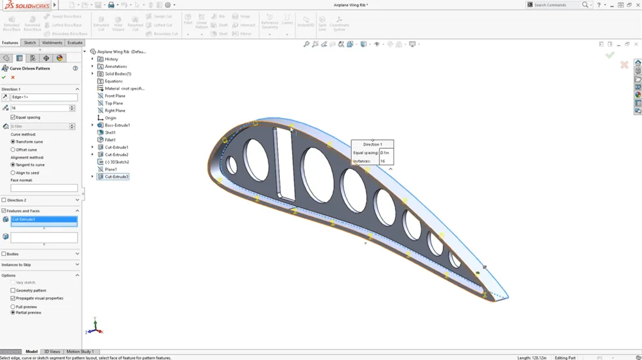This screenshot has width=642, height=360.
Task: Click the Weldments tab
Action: (52, 43)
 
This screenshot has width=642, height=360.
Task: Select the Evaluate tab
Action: (75, 43)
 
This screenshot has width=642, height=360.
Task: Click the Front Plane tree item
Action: (115, 96)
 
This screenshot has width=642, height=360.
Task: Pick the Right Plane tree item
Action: (115, 110)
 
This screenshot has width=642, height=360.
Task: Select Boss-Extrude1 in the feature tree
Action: (117, 125)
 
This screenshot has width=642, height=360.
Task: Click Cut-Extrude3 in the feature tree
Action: (116, 176)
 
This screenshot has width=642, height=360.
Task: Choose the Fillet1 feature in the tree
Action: (110, 140)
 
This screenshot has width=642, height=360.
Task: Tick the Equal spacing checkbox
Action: (13, 117)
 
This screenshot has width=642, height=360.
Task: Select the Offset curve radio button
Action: (13, 150)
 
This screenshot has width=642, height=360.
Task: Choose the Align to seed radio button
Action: (13, 173)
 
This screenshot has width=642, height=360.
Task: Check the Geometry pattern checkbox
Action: (13, 290)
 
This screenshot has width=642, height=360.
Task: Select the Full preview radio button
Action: (13, 307)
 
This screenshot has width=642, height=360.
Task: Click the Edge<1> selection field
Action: (44, 98)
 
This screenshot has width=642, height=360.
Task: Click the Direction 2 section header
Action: (17, 200)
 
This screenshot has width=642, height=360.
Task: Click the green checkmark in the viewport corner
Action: (610, 55)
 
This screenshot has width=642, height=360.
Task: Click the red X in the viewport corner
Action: (624, 65)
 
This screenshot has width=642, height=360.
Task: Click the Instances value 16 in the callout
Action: (383, 161)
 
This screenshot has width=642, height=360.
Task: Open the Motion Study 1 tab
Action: (80, 352)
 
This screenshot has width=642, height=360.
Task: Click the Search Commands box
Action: (555, 4)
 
